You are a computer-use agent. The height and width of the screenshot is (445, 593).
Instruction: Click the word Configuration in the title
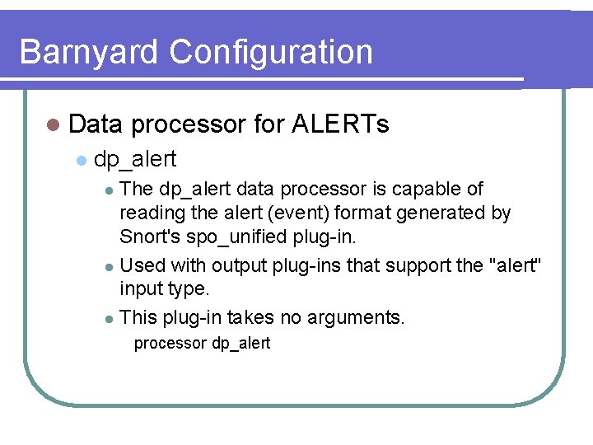pyautogui.click(x=271, y=52)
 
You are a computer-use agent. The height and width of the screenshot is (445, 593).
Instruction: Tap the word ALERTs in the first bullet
pyautogui.click(x=340, y=124)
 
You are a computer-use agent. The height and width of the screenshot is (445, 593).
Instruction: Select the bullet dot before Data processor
pyautogui.click(x=54, y=125)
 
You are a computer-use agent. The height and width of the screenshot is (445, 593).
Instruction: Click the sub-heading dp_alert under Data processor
pyautogui.click(x=135, y=158)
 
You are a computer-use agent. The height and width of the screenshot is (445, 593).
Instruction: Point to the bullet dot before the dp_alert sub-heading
pyautogui.click(x=80, y=159)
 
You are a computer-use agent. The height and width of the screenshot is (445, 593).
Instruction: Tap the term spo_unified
pyautogui.click(x=238, y=237)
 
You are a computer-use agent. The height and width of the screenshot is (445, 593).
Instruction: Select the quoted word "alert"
pyautogui.click(x=516, y=265)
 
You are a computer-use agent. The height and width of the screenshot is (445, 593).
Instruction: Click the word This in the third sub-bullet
pyautogui.click(x=138, y=316)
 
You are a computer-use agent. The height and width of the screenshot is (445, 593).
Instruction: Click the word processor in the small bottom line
pyautogui.click(x=170, y=344)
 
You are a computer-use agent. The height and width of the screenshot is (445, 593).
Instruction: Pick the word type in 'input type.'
pyautogui.click(x=189, y=290)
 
